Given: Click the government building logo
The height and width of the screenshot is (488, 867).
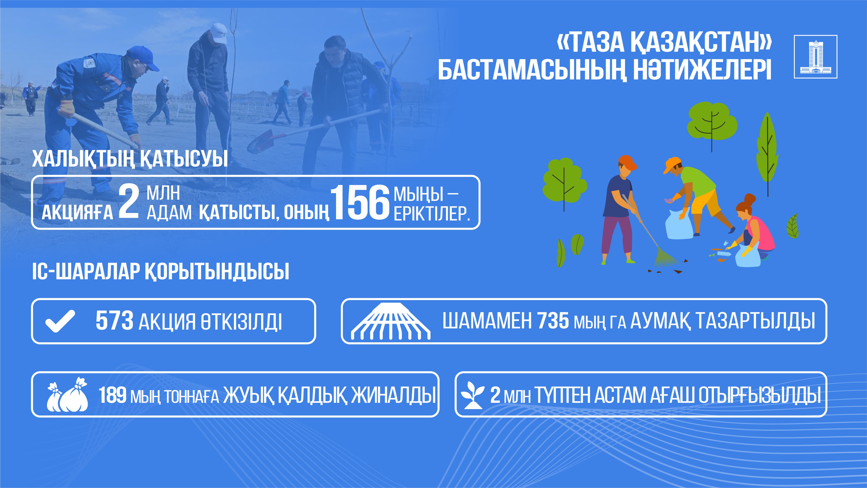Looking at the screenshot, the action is coord(816,57).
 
